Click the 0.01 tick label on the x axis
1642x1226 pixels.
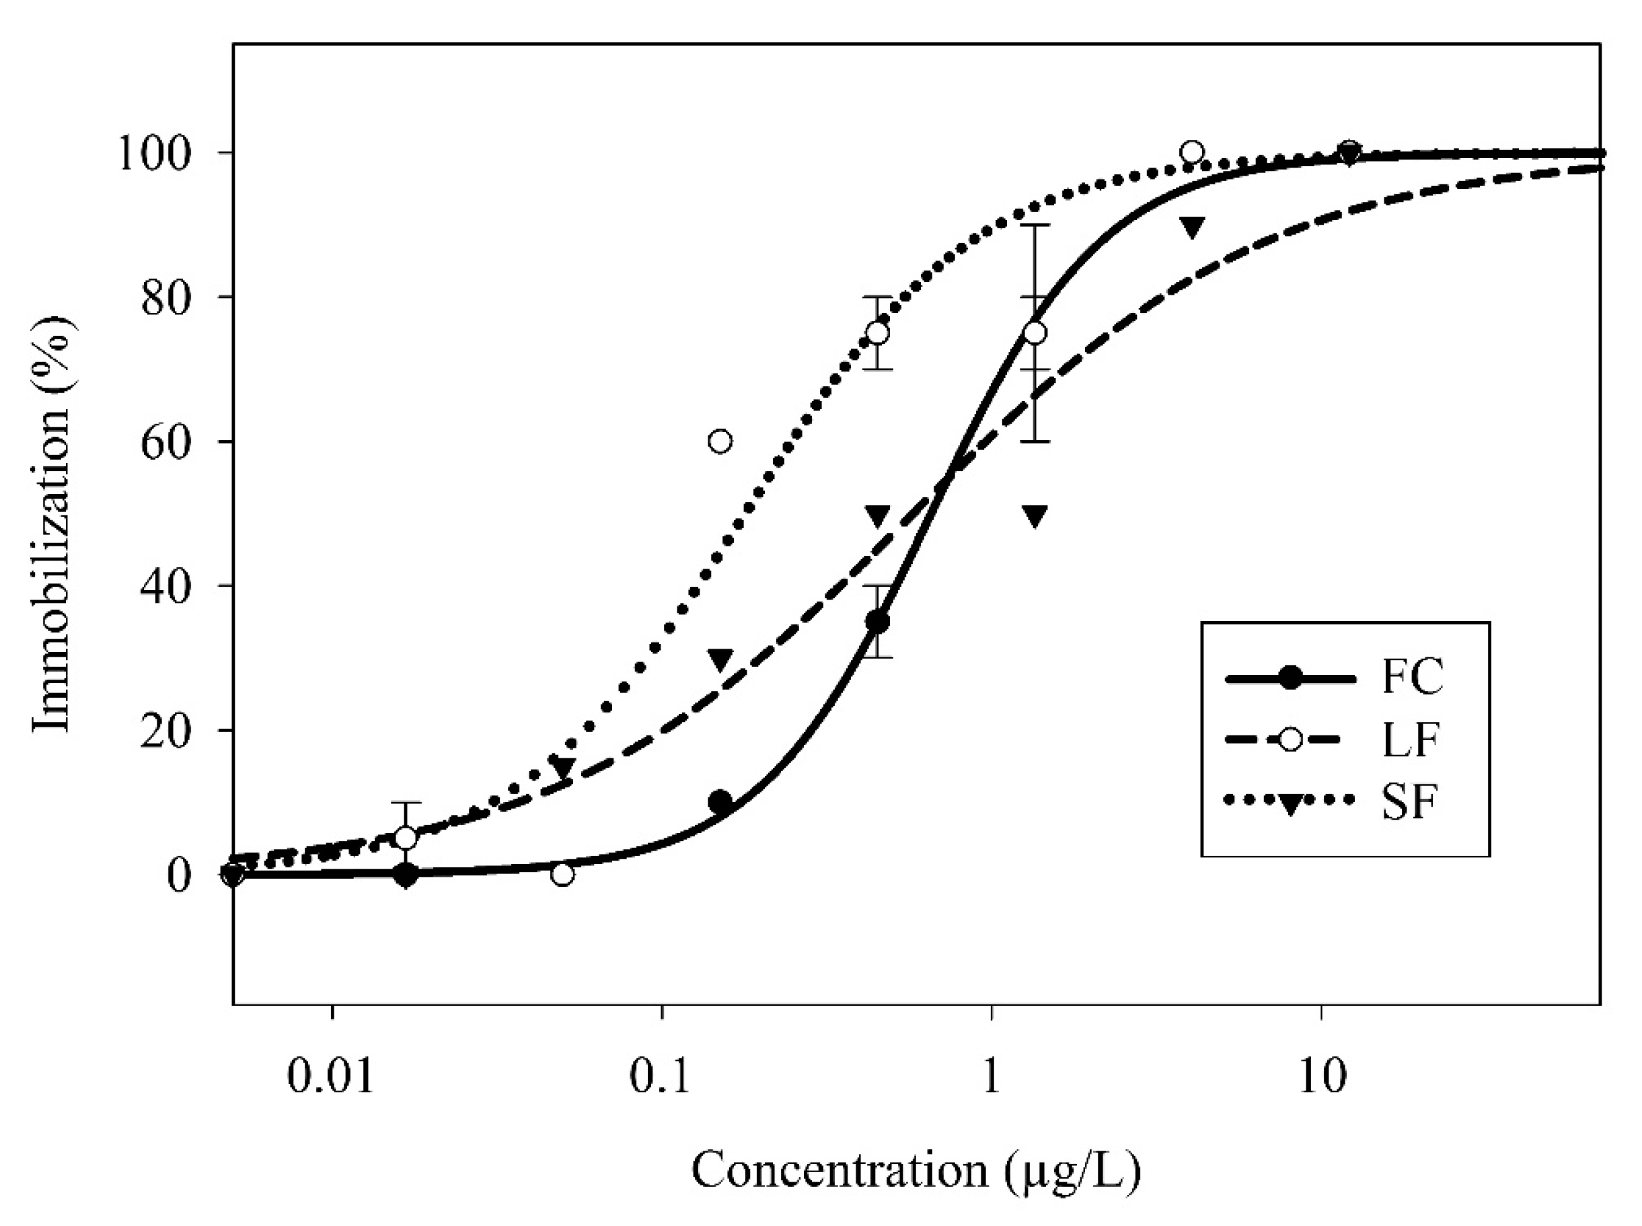331,1077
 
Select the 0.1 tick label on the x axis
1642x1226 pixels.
661,1077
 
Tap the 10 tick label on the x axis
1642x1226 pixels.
1321,1077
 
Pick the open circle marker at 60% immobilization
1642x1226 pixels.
720,441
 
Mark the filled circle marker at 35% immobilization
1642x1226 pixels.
878,622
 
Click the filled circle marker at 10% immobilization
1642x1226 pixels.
720,801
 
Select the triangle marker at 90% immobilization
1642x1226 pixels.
1191,227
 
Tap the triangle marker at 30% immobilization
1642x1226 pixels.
720,659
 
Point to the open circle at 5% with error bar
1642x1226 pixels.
406,838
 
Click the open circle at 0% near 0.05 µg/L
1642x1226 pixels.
563,875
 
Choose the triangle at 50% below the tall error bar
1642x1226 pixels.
1035,516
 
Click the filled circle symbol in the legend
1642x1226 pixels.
1290,678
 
